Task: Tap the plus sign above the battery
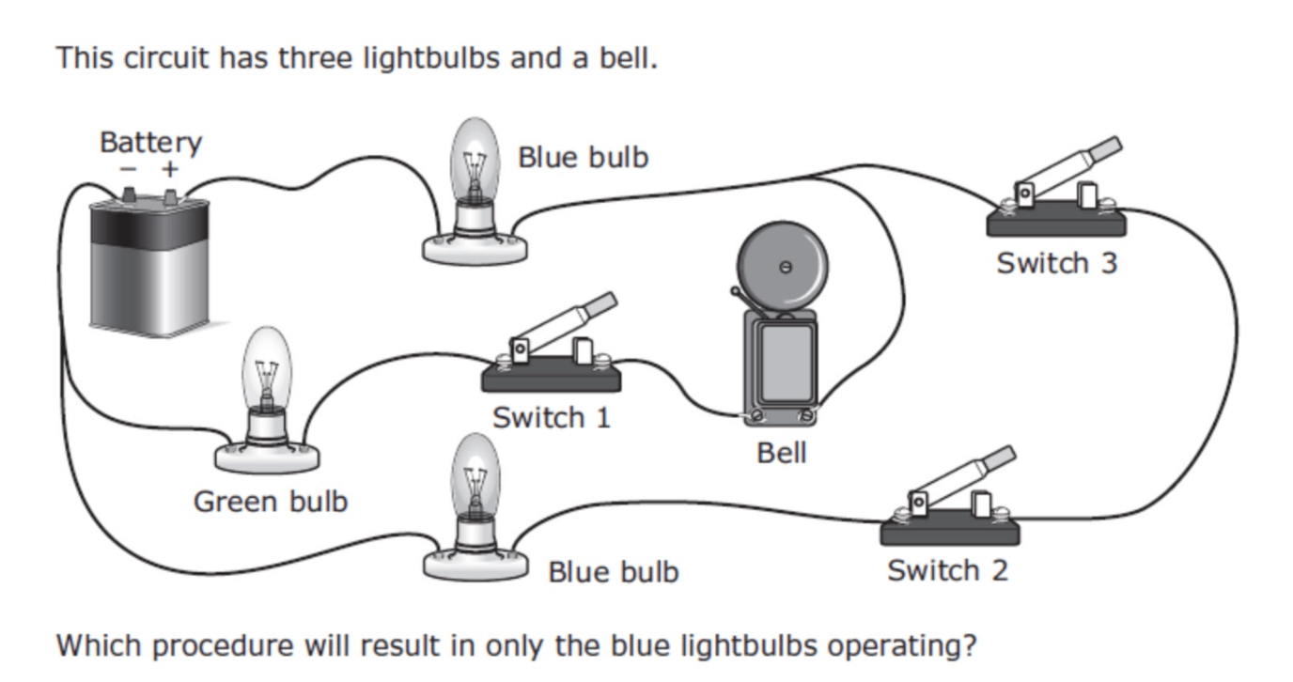click(169, 170)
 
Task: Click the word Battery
click(150, 143)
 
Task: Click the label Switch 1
click(552, 417)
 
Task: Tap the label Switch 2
click(947, 570)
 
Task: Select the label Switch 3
click(1056, 263)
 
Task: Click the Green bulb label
click(271, 502)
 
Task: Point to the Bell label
click(782, 453)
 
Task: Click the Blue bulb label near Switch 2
click(613, 571)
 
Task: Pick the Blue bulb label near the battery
click(583, 157)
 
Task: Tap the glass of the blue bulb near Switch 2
click(475, 474)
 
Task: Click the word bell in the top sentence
click(627, 58)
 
